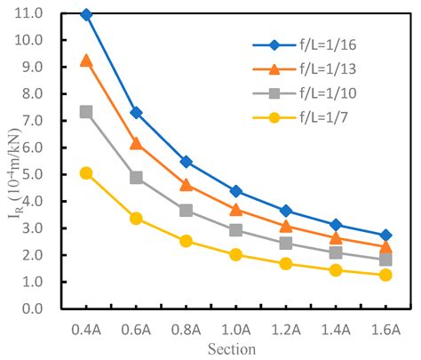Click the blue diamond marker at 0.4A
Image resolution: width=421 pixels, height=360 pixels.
(x=86, y=15)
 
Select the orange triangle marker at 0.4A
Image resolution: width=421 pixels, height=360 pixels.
(x=86, y=60)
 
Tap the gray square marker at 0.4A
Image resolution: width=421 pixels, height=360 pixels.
(x=86, y=112)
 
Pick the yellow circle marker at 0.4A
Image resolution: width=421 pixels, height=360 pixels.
(x=86, y=173)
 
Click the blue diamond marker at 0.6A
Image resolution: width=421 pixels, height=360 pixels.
(x=136, y=113)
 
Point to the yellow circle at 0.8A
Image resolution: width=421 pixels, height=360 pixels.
(x=186, y=241)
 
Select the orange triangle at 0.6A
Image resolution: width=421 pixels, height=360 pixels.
(x=136, y=142)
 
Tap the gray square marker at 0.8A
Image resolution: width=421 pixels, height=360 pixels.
(x=186, y=211)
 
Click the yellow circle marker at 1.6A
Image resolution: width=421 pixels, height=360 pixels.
(x=385, y=275)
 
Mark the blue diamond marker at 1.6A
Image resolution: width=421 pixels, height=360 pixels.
(x=385, y=236)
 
